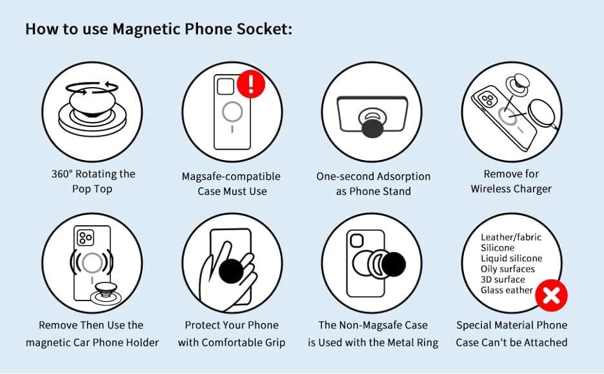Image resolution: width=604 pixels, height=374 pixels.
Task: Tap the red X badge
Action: tap(552, 296)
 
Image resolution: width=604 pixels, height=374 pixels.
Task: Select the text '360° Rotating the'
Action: tap(94, 174)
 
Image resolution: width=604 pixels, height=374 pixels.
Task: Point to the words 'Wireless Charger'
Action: tap(511, 189)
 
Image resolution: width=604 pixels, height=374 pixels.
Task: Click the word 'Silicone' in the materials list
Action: tap(498, 248)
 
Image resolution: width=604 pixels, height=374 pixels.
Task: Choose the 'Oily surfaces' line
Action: tap(508, 269)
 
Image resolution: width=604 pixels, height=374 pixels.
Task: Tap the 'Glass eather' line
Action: tap(507, 290)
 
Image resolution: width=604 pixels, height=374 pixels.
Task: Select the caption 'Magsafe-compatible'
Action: tap(232, 177)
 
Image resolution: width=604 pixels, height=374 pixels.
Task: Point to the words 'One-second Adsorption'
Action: tap(373, 177)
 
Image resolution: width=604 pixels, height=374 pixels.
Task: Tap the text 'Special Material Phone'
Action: tap(512, 326)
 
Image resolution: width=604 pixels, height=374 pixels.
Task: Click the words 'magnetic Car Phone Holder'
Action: tap(92, 342)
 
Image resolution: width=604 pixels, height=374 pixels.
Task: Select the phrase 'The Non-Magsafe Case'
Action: tap(373, 326)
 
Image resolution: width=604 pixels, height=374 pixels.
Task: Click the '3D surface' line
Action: tap(503, 279)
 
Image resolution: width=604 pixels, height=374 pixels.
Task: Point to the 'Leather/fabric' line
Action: tap(511, 237)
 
